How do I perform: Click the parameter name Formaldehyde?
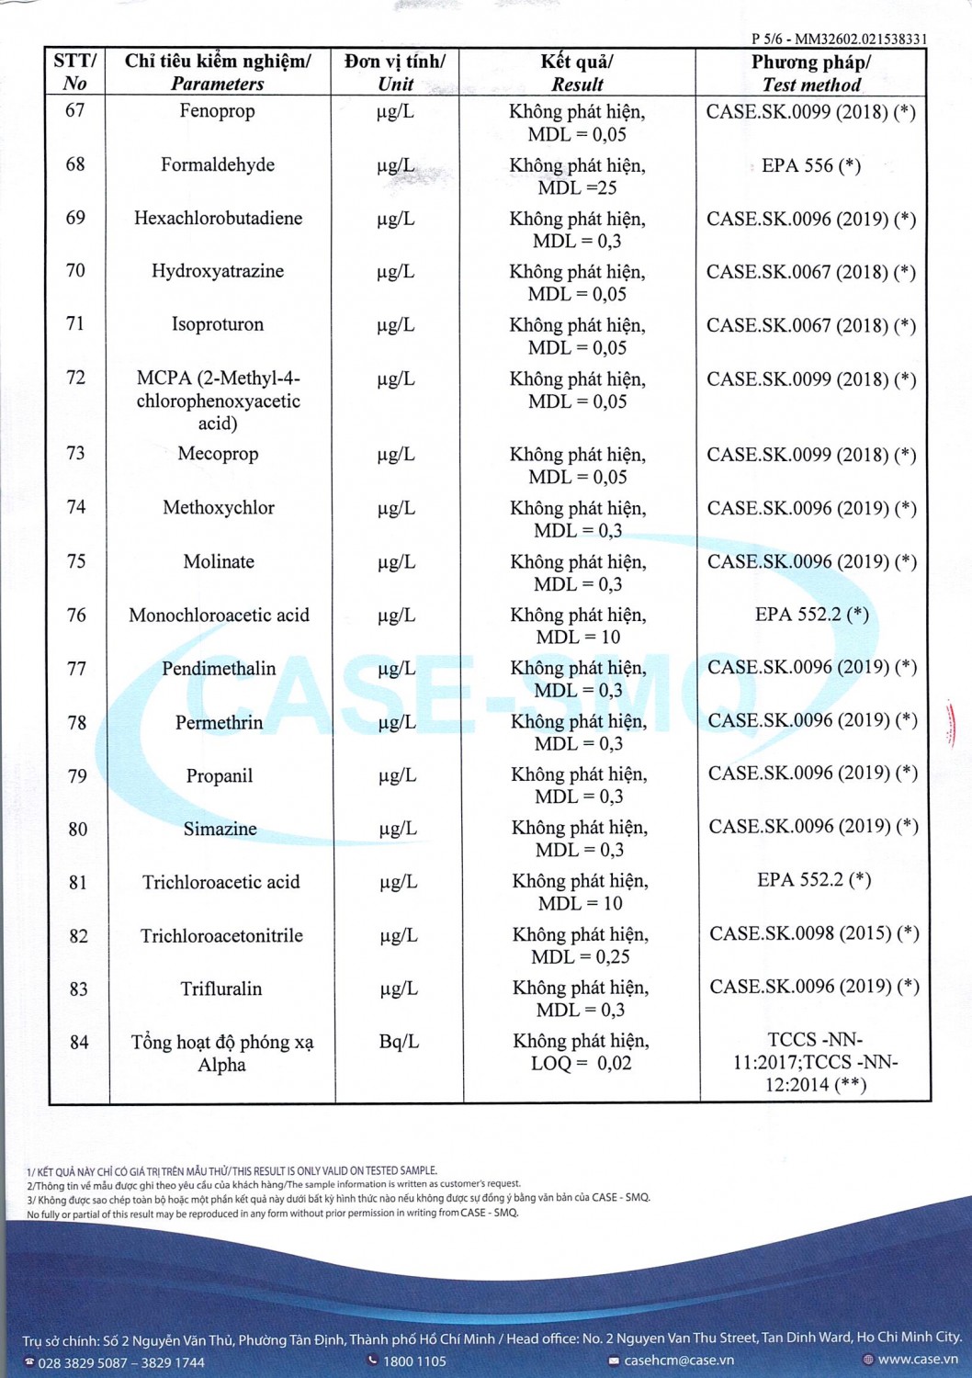coord(218,165)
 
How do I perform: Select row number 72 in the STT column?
coord(75,378)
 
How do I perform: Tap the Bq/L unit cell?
coord(399,1042)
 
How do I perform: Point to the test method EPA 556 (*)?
coord(811,166)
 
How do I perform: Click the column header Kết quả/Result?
coord(577,73)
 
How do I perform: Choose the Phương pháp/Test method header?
coord(811,73)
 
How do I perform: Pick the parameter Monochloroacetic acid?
coord(219,616)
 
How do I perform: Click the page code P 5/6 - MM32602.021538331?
coord(839,39)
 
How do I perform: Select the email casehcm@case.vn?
coord(679,1361)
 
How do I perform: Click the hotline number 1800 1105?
coord(414,1361)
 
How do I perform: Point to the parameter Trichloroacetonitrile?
coord(221,936)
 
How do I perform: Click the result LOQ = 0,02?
coord(582,1064)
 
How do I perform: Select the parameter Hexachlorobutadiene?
coord(218,219)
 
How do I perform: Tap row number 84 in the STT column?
coord(79,1043)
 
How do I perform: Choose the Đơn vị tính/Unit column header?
coord(395,73)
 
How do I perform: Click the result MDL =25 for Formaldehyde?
coord(578,188)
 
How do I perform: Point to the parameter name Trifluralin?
coord(221,989)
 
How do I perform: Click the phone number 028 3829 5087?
coord(83,1362)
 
